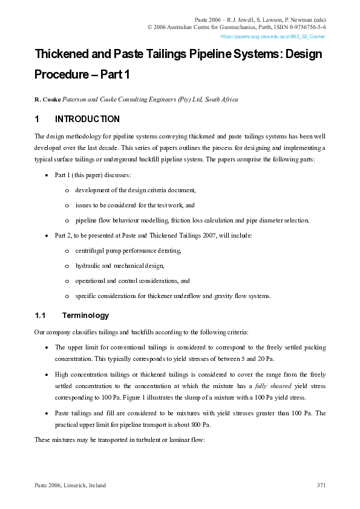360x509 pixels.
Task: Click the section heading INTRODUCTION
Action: point(87,119)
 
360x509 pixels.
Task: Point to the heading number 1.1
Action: point(41,316)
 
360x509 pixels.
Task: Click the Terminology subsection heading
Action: point(85,316)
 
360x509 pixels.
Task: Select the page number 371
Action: point(321,486)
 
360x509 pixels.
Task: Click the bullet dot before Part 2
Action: point(47,236)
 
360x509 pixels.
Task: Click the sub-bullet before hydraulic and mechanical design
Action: point(68,266)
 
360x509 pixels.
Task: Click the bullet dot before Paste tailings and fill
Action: point(47,414)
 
